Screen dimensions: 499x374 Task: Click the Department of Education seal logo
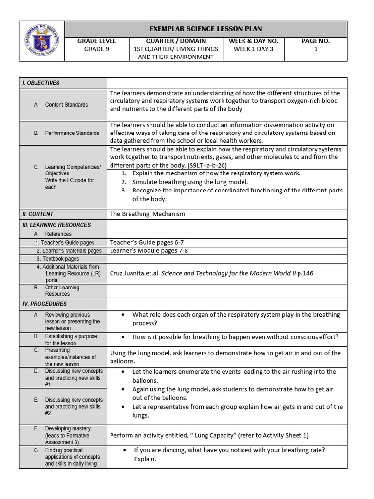point(42,41)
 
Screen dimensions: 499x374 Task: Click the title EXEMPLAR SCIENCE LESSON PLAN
point(205,29)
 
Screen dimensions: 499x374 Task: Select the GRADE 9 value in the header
point(96,49)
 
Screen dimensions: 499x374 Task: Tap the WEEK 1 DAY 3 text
point(253,49)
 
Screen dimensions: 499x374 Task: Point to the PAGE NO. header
point(316,41)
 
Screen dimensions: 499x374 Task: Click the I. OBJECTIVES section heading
point(41,83)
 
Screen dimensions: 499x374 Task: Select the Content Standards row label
point(66,105)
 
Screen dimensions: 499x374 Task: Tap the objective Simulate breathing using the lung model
point(190,182)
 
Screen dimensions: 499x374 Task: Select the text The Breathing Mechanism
point(148,214)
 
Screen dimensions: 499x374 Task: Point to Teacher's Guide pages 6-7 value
point(147,242)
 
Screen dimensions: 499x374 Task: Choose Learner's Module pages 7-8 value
point(149,250)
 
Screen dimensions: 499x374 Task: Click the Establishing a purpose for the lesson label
point(71,340)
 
